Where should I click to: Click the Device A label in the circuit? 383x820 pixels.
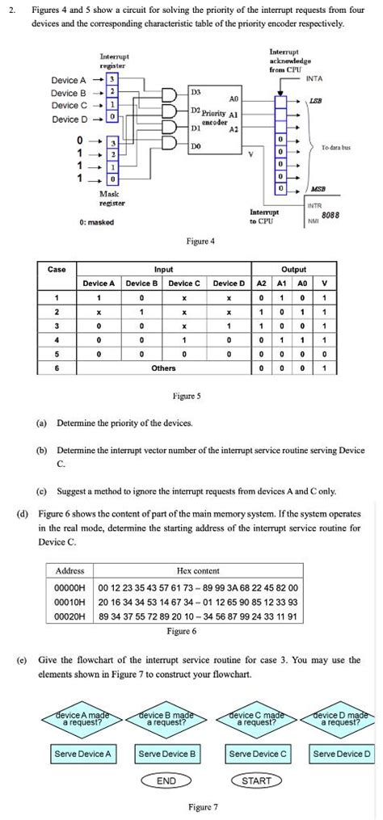[69, 80]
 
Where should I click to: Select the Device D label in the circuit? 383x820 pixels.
[69, 119]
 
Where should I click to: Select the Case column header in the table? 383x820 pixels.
[57, 270]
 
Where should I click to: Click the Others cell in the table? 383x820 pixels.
[163, 368]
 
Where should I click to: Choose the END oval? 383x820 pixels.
[166, 780]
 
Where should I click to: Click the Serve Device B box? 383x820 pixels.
[167, 754]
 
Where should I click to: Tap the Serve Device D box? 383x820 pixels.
[342, 754]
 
